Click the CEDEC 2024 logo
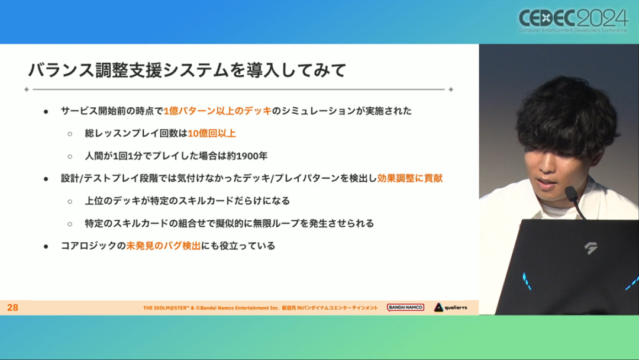pyautogui.click(x=573, y=20)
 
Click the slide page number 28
pyautogui.click(x=12, y=307)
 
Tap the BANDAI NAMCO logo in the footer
pyautogui.click(x=405, y=307)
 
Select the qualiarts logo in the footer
pyautogui.click(x=451, y=307)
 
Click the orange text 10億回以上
pyautogui.click(x=211, y=133)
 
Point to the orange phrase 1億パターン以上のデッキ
pyautogui.click(x=218, y=111)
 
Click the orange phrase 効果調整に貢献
pyautogui.click(x=410, y=178)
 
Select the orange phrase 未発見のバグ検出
pyautogui.click(x=163, y=246)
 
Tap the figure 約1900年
pyautogui.click(x=247, y=156)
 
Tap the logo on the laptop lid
pyautogui.click(x=591, y=248)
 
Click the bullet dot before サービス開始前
pyautogui.click(x=46, y=111)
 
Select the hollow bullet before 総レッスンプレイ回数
pyautogui.click(x=70, y=134)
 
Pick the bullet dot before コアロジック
pyautogui.click(x=46, y=246)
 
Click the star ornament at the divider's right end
pyautogui.click(x=451, y=89)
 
